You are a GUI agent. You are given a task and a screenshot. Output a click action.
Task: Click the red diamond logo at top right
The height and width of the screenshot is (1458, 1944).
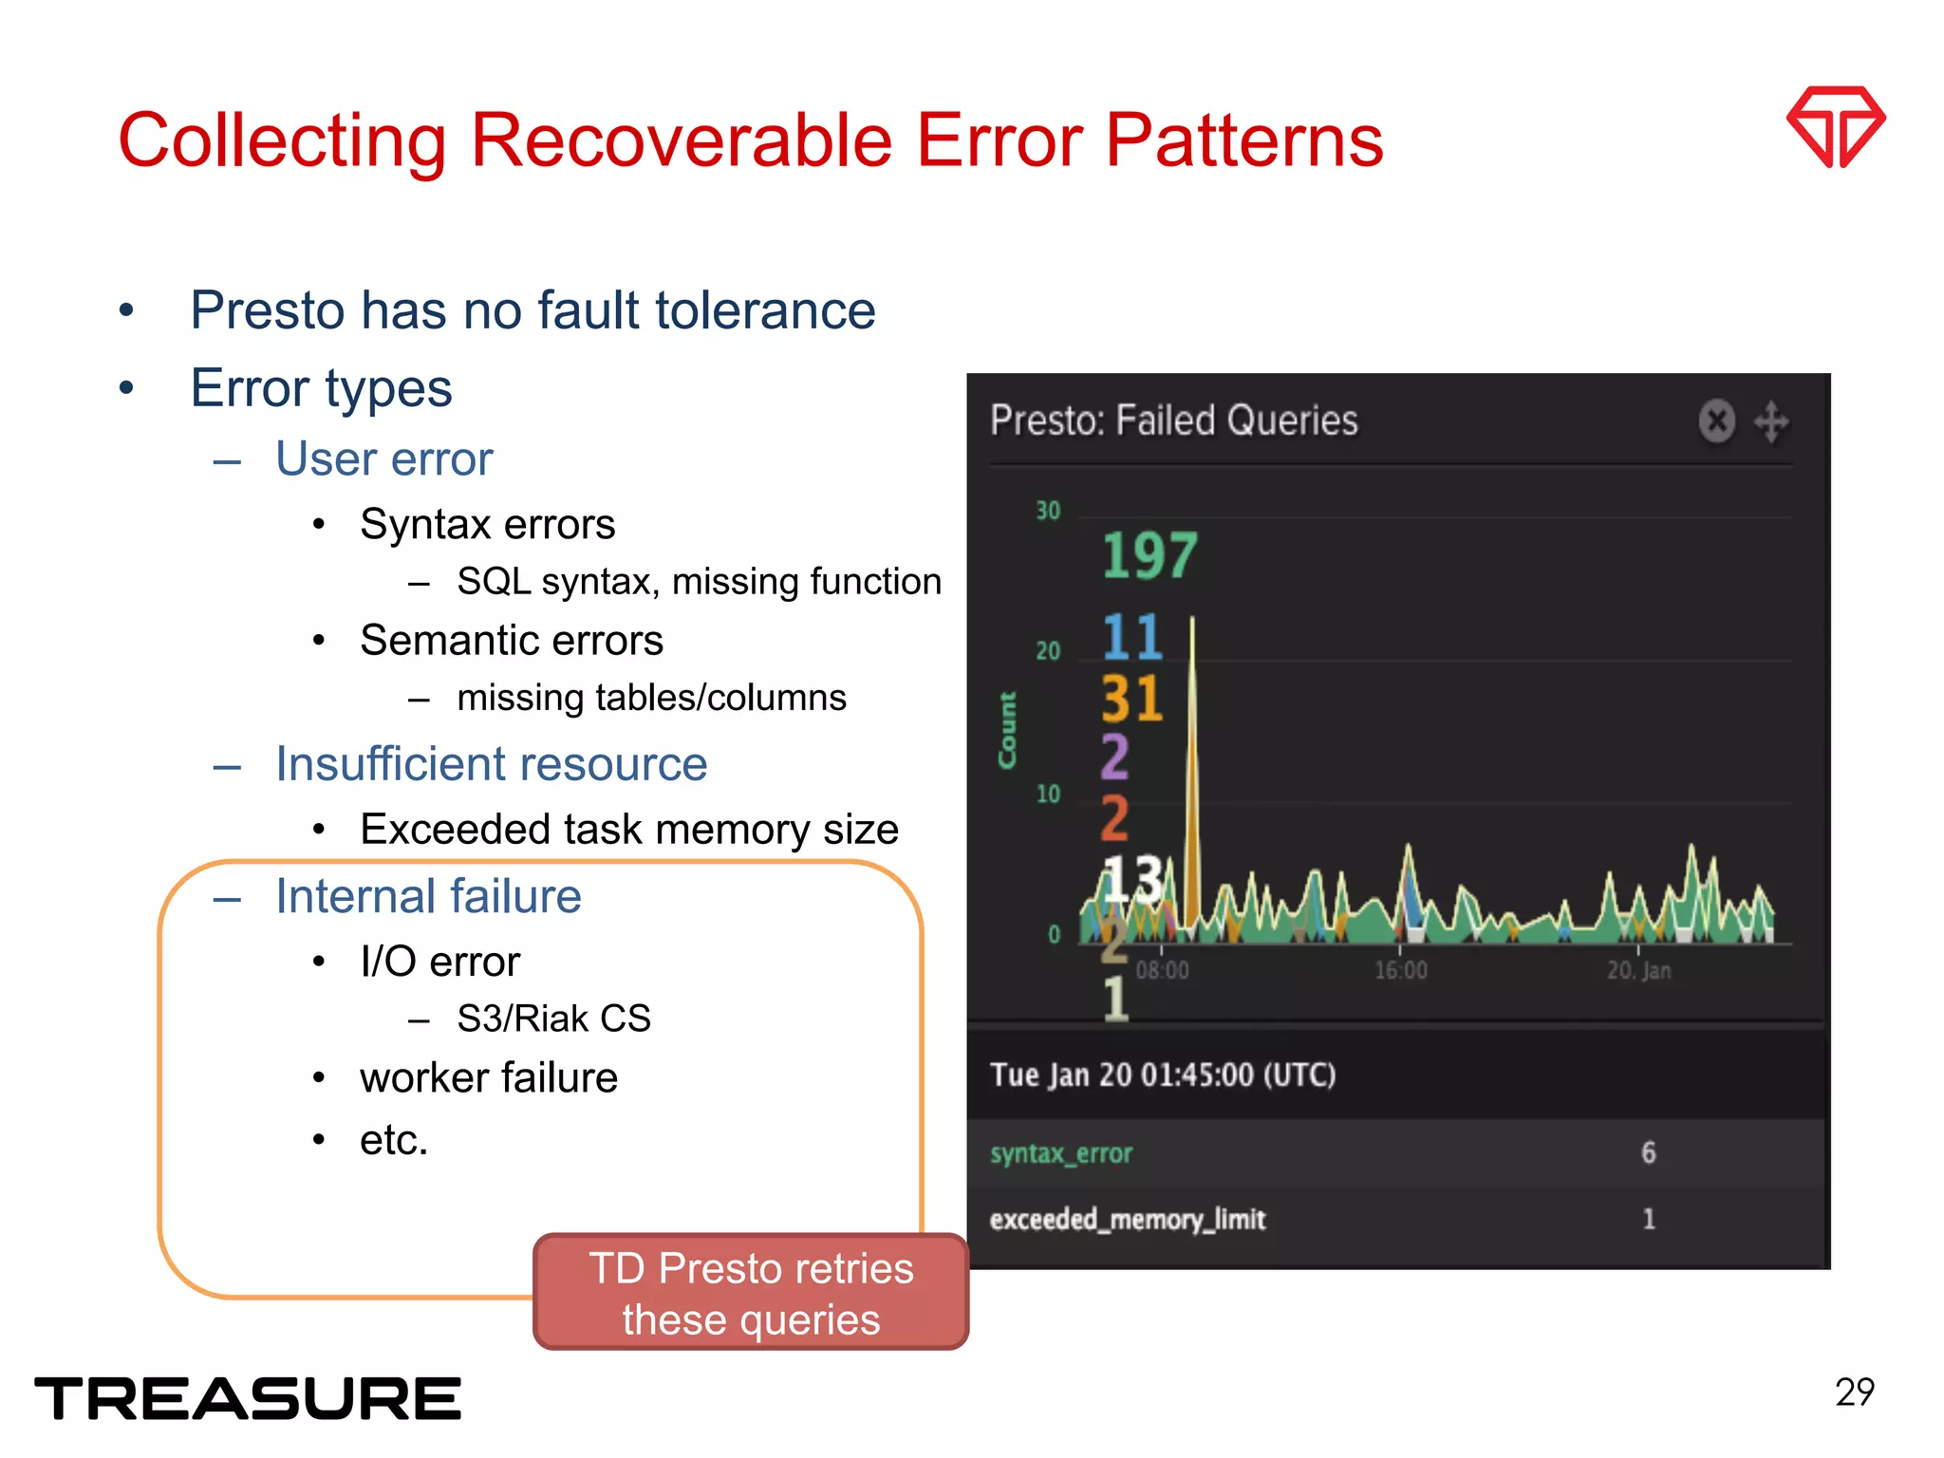click(1835, 126)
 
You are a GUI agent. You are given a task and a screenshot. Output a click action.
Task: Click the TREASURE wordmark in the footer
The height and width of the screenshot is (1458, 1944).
click(248, 1398)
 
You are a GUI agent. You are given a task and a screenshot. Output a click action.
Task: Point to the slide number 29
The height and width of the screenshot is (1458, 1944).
click(1854, 1393)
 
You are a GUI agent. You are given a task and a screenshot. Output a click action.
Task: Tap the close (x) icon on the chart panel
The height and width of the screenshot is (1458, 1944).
click(1716, 421)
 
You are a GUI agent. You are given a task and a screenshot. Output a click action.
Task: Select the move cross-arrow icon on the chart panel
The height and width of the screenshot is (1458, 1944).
click(1771, 421)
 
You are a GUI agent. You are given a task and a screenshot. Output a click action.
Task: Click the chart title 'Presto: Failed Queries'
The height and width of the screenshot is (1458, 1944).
click(1173, 421)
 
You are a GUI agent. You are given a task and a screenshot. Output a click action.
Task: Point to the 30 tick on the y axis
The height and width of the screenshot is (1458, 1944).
click(1048, 511)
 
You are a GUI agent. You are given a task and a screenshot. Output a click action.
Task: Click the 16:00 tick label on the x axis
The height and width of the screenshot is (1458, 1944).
click(1400, 970)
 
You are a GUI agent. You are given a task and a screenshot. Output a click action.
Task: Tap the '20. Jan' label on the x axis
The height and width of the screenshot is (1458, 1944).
click(1638, 970)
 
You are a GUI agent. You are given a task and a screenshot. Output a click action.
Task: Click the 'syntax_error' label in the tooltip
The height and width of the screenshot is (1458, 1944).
click(1061, 1153)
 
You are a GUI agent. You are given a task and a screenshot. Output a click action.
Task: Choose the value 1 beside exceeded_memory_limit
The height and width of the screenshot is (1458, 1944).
click(1649, 1219)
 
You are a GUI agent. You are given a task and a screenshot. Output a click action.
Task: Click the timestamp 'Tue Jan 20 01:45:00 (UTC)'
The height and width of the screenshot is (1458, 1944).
click(1163, 1075)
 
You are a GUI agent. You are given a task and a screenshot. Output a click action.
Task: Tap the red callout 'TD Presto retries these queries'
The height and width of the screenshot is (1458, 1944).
click(751, 1293)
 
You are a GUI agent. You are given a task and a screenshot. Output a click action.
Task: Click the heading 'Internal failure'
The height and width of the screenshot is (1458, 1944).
click(428, 896)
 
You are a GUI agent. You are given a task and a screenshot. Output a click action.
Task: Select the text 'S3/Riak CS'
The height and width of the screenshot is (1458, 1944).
click(553, 1019)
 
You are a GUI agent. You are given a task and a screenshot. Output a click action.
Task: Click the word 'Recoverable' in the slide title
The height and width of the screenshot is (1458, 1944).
click(681, 140)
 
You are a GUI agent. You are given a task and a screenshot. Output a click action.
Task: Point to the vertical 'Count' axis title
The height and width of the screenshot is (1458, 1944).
click(1007, 730)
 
